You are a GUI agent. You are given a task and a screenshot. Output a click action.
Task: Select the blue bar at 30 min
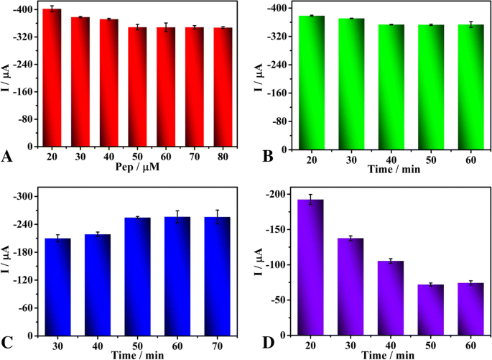click(58, 287)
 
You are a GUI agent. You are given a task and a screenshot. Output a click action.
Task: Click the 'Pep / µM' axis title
click(137, 167)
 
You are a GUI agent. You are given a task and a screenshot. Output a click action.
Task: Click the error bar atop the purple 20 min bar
click(310, 200)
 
